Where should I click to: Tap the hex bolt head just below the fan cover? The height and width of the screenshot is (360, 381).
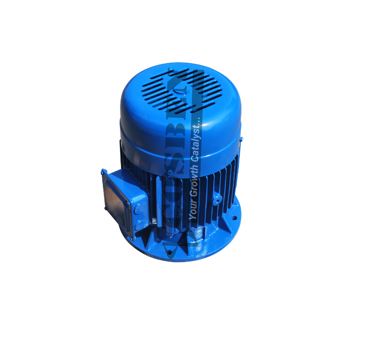pyautogui.click(x=170, y=172)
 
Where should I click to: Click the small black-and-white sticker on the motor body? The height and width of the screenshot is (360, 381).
pyautogui.click(x=154, y=221)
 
